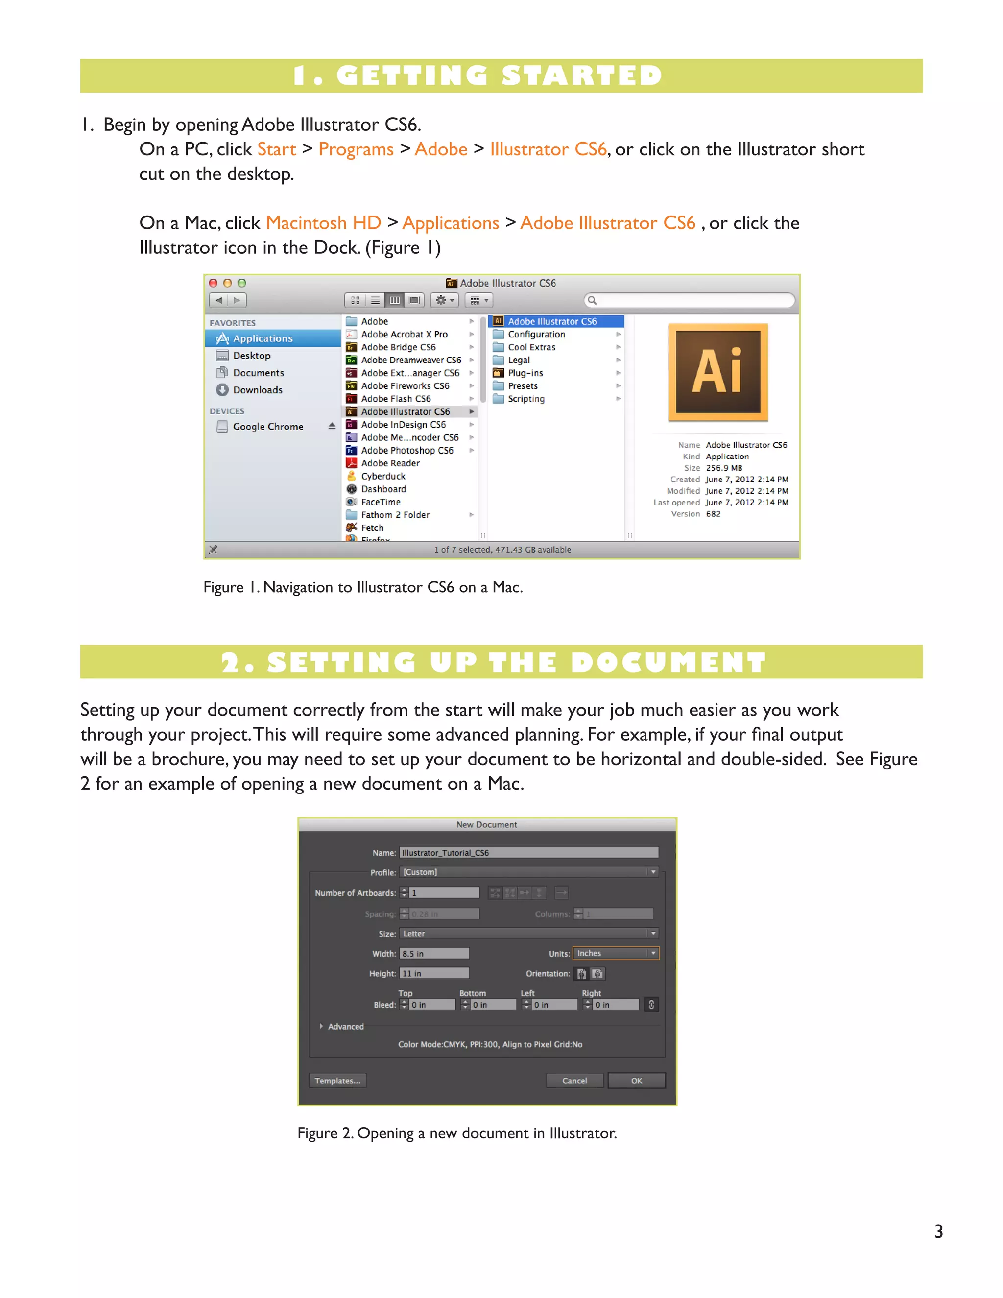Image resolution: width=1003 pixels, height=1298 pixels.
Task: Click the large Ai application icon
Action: click(x=718, y=372)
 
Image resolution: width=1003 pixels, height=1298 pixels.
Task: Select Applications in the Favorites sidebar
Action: click(x=262, y=338)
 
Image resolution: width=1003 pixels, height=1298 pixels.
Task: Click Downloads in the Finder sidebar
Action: click(x=257, y=390)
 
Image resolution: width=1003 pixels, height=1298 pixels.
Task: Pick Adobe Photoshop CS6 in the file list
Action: click(x=406, y=451)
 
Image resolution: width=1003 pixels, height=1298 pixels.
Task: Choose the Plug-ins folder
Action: click(x=525, y=373)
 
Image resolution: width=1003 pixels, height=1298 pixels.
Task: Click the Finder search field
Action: click(x=692, y=300)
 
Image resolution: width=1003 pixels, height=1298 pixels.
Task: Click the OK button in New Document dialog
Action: click(x=636, y=1081)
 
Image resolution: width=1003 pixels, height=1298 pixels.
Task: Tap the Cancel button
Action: click(x=574, y=1081)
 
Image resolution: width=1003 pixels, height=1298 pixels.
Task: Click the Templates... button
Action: click(x=337, y=1081)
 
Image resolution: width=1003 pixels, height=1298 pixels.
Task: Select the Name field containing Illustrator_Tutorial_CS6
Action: click(x=528, y=852)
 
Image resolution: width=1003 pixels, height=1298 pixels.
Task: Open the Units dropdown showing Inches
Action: click(x=615, y=953)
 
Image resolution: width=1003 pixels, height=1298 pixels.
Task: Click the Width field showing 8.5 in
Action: click(x=434, y=953)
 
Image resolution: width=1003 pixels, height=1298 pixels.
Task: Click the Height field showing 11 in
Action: click(x=434, y=974)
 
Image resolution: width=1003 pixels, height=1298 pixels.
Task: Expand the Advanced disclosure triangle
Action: click(x=321, y=1026)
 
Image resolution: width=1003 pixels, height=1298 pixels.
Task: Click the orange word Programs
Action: click(x=356, y=149)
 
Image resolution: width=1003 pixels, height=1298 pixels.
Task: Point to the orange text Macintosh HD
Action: click(x=323, y=223)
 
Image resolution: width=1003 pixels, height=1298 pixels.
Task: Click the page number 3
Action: click(x=938, y=1231)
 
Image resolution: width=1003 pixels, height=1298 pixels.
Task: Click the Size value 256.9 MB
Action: click(x=723, y=468)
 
